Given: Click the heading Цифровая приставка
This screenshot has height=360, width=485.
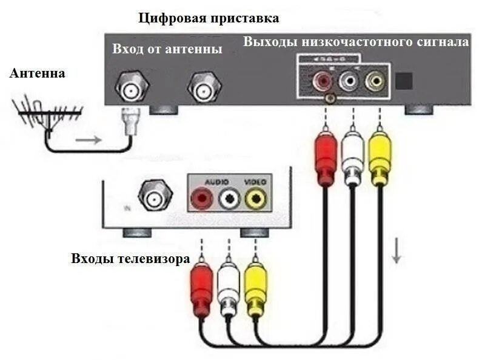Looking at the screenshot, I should click(209, 18).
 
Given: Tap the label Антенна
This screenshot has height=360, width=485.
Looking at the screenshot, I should click(38, 73).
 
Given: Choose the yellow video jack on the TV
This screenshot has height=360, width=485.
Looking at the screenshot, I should click(255, 198).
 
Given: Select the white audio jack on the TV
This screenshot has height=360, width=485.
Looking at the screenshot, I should click(229, 198).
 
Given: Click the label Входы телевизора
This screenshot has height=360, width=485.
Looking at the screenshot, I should click(130, 258).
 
